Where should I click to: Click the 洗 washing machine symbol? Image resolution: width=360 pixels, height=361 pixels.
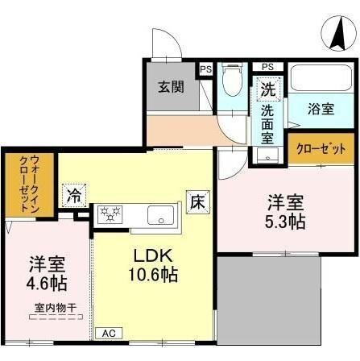tap(267, 89)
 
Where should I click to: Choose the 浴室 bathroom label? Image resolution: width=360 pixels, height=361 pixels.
tap(323, 108)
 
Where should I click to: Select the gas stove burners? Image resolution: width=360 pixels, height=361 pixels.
tap(110, 214)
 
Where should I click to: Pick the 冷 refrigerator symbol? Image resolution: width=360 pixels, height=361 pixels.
tap(75, 194)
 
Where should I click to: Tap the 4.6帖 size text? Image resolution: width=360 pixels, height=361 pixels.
tap(48, 284)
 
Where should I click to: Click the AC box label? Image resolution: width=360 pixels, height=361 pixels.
tap(107, 332)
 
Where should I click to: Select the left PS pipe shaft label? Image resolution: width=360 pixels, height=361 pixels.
tap(206, 68)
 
